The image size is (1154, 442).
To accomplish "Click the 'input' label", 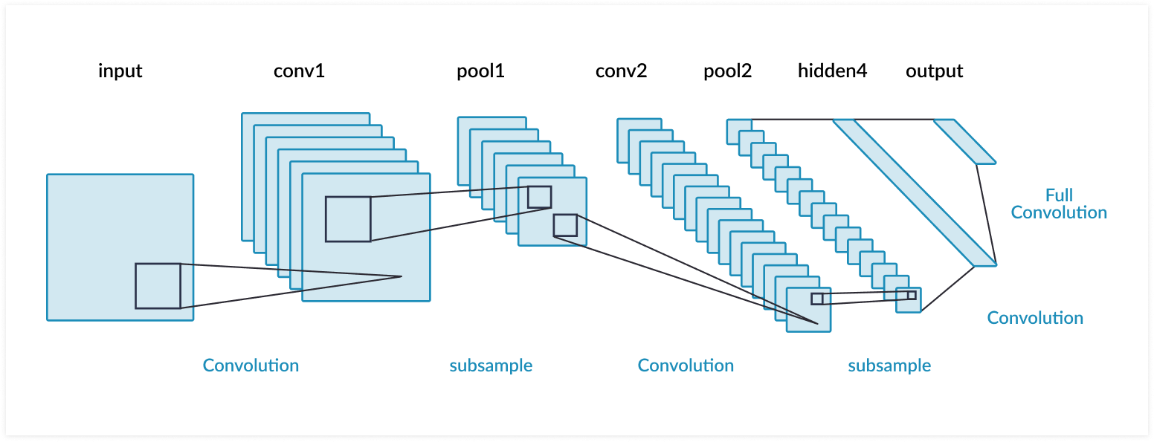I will pos(120,71).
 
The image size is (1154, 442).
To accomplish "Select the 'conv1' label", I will pos(299,71).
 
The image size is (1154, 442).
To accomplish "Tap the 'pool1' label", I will pos(480,71).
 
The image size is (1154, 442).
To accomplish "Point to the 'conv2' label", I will pos(621,71).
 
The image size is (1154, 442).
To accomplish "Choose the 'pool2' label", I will pos(727,71).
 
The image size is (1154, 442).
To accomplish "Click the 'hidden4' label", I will pos(832,71).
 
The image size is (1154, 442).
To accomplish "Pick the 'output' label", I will pos(934,71).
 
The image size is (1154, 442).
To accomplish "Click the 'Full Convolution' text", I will pos(1059,204).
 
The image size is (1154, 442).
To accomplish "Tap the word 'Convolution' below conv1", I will pos(251,365).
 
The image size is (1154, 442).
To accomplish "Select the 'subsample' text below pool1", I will pos(491,365).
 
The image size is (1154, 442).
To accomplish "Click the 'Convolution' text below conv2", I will pos(686,365).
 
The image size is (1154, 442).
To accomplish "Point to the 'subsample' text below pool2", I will pos(889,365).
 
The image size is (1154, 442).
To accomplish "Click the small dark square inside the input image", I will pos(158,286).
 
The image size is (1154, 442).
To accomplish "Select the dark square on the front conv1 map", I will pos(348,219).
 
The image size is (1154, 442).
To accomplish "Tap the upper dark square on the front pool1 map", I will pos(539,197).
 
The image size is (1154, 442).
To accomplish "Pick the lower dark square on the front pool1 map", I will pos(565,225).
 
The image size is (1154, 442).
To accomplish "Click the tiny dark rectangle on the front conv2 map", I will pos(817,299).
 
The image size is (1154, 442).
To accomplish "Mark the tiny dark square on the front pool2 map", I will pos(912,295).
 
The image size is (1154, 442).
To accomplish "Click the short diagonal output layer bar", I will pos(964,141).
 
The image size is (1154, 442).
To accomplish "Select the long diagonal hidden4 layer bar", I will pos(915,192).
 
